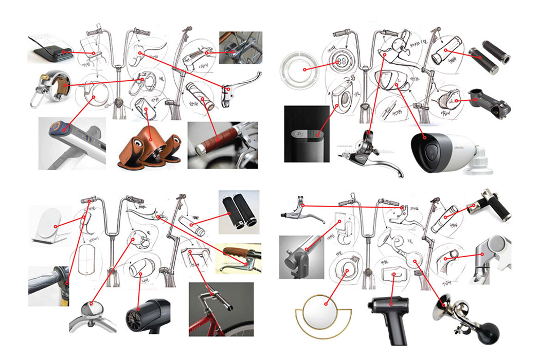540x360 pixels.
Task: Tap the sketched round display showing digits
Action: pyautogui.click(x=341, y=62)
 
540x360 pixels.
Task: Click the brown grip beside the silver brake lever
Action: pyautogui.click(x=234, y=253)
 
